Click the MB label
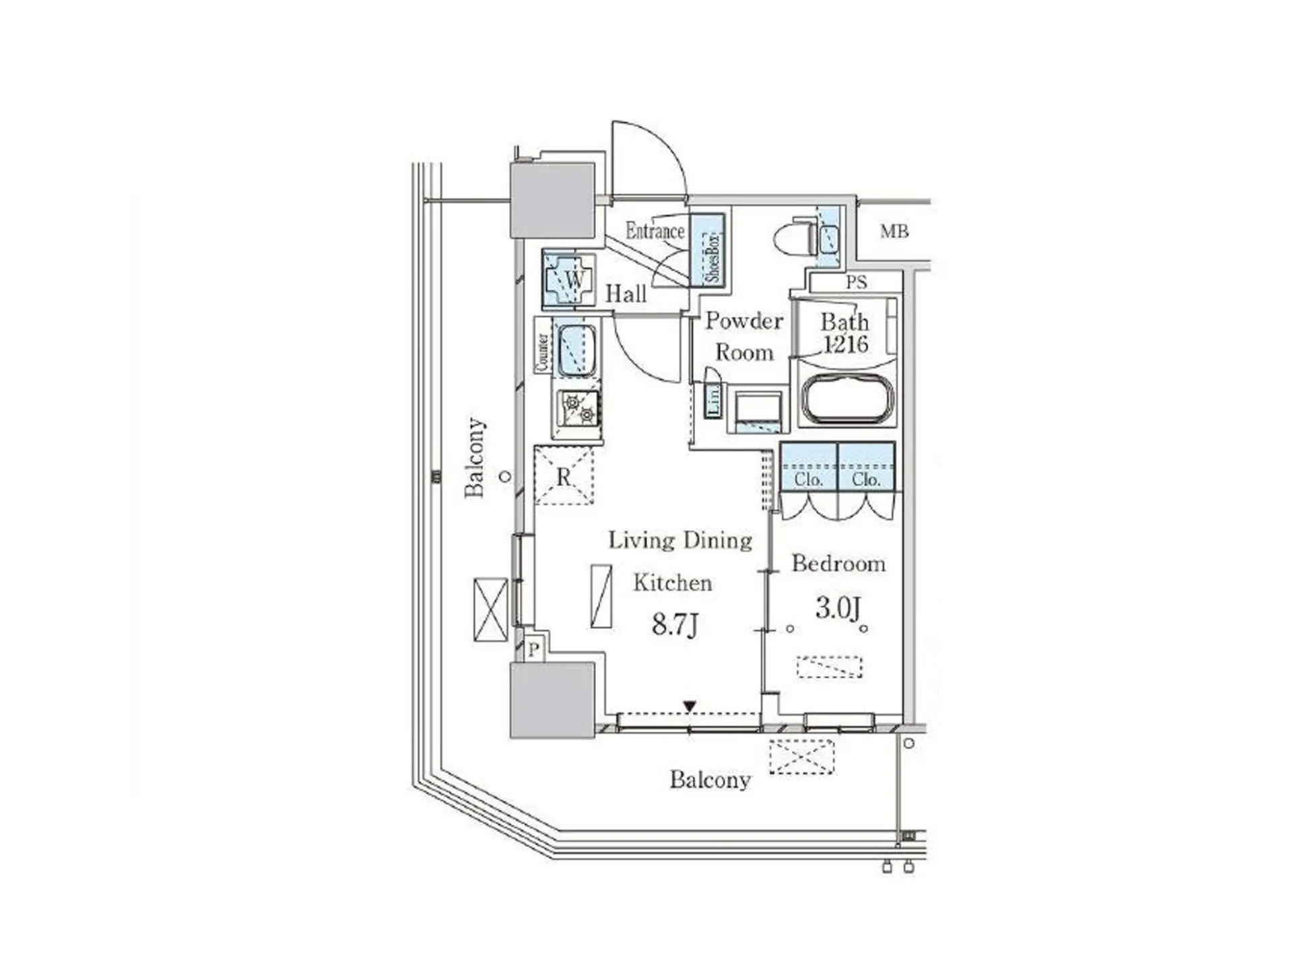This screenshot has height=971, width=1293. point(894,232)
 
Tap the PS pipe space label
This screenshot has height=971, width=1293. point(856,283)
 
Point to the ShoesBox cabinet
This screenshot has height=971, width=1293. point(707,250)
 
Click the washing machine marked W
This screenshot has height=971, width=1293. point(569,279)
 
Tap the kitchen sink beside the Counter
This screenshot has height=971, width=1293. point(576,351)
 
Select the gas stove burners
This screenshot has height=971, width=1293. point(579,409)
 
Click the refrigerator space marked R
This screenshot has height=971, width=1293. point(564,475)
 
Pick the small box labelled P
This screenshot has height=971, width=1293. point(534,649)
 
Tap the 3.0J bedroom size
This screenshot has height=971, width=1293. point(838,608)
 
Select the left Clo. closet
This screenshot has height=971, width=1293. point(809,467)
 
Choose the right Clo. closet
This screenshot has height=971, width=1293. point(867,467)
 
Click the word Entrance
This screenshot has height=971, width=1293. point(655,231)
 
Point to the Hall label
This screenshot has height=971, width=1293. point(626,294)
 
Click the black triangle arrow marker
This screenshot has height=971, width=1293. point(690,706)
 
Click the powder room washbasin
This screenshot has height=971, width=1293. point(758,410)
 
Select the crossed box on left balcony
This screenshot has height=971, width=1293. point(491,609)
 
